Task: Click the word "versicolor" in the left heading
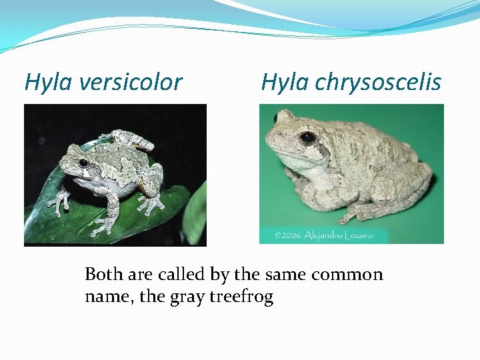[131, 83]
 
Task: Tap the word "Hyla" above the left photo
[49, 83]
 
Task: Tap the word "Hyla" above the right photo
[285, 83]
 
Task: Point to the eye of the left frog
[83, 163]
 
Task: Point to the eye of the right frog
[307, 138]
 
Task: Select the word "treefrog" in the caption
[241, 297]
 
